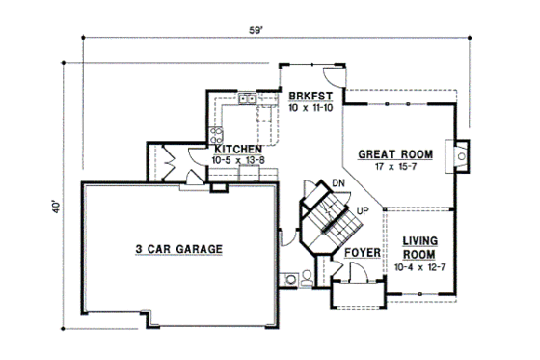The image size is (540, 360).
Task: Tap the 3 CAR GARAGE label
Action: coord(178,249)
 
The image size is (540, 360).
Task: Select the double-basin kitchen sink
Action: coord(247,97)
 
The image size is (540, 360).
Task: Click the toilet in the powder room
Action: coord(307,277)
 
